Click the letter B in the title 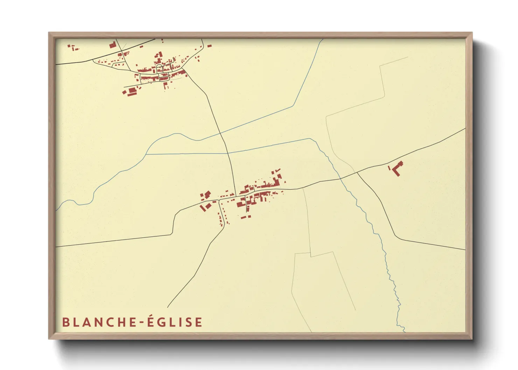[65, 322]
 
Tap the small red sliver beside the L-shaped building [389, 168]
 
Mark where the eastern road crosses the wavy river [339, 178]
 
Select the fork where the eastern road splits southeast [357, 172]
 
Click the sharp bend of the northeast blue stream [293, 105]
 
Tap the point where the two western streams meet [146, 154]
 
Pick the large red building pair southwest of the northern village [131, 91]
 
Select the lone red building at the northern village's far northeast [209, 45]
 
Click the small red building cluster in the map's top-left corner [73, 47]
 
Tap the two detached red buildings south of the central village [246, 217]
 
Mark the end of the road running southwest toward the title [168, 307]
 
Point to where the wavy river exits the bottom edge [404, 330]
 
